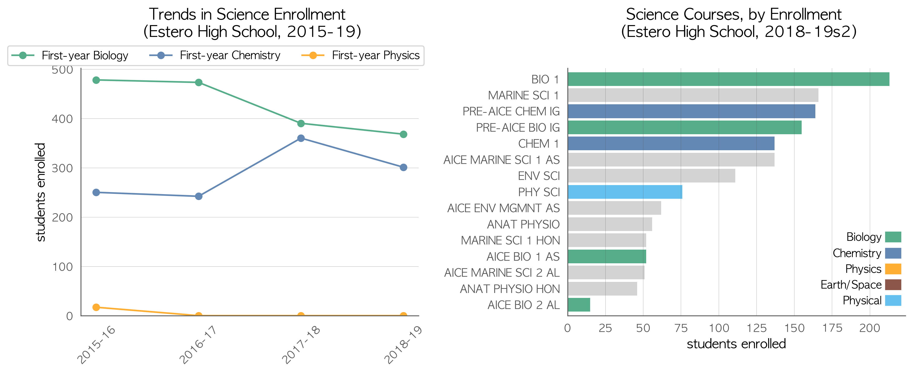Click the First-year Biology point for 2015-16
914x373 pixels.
click(96, 80)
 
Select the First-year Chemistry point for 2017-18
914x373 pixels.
click(301, 138)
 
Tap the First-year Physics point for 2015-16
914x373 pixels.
click(96, 307)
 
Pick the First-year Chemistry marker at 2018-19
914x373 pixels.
click(403, 167)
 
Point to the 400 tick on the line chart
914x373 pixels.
click(63, 119)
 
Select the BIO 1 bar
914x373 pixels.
click(728, 79)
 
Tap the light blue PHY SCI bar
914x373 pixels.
click(625, 192)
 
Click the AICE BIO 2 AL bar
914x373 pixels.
click(579, 305)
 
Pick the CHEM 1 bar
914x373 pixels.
click(671, 144)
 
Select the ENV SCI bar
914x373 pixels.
click(651, 176)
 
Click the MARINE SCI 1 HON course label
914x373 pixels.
click(510, 240)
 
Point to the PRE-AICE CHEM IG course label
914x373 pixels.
click(511, 111)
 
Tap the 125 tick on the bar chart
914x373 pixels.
click(756, 328)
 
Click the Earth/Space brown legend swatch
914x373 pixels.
click(893, 285)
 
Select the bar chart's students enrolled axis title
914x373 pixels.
click(736, 344)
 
